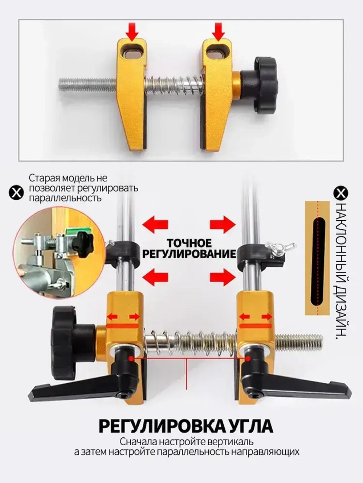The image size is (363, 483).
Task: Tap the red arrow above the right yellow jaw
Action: point(219,32)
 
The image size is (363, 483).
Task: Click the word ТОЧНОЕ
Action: point(189,243)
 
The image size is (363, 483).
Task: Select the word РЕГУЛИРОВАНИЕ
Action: point(189,254)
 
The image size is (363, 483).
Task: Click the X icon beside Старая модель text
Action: point(16,192)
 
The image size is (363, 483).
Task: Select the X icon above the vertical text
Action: point(341,193)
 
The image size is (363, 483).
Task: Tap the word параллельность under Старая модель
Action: point(65,199)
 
